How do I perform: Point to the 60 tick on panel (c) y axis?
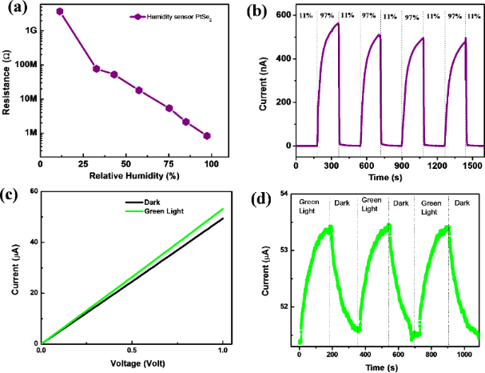click(34, 191)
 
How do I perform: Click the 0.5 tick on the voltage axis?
click(132, 351)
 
